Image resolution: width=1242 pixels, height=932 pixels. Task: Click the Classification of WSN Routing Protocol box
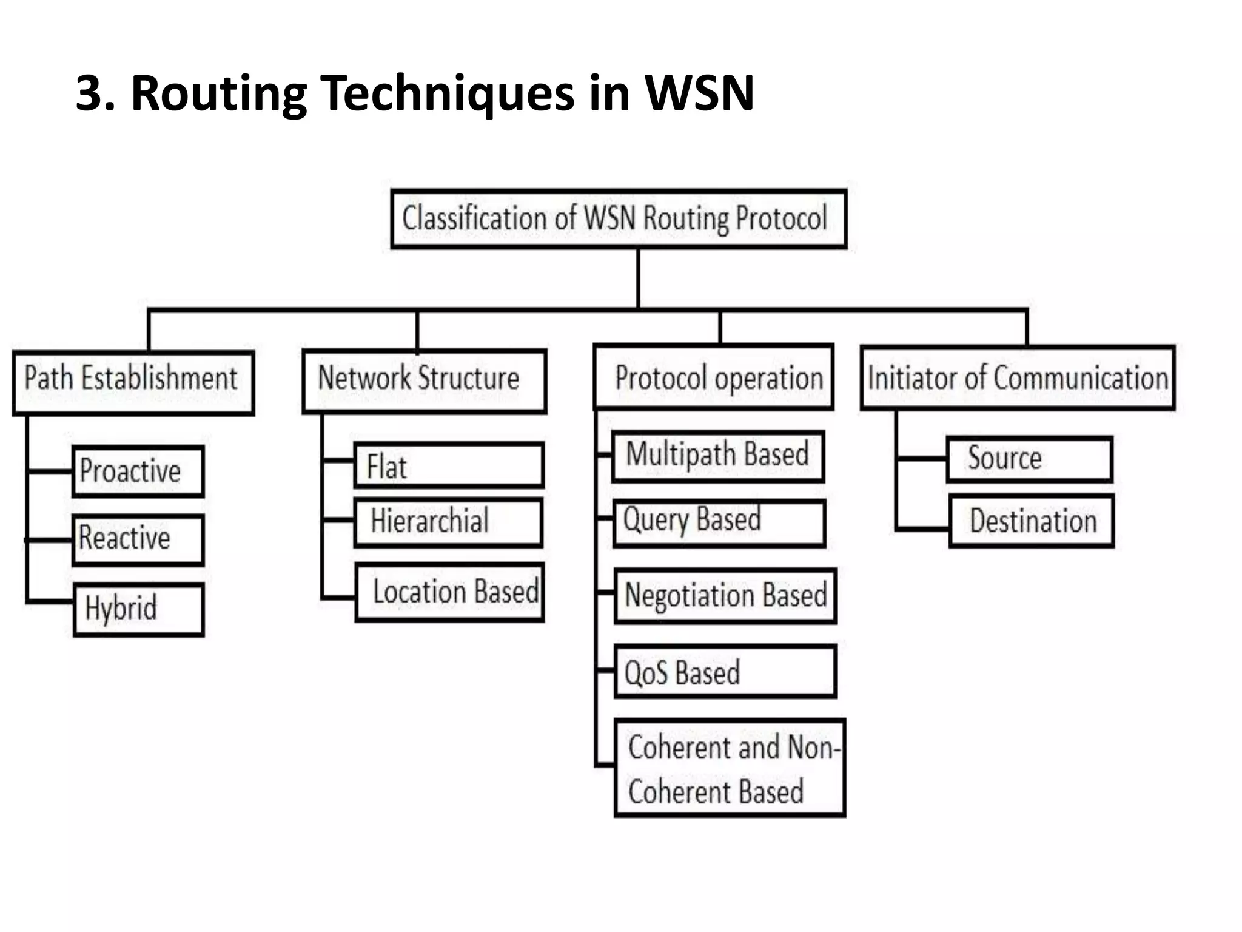pyautogui.click(x=619, y=219)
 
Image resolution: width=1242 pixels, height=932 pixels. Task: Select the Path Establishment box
pyautogui.click(x=133, y=383)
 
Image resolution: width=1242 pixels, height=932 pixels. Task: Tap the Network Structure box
pyautogui.click(x=424, y=382)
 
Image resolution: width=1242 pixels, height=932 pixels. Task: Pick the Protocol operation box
pyautogui.click(x=714, y=377)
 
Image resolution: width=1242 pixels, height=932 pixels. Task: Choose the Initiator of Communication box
pyautogui.click(x=1018, y=378)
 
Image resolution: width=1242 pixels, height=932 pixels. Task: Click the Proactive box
pyautogui.click(x=138, y=472)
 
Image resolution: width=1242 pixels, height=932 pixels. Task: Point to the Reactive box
pyautogui.click(x=138, y=540)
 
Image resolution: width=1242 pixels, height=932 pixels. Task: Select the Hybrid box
pyautogui.click(x=139, y=609)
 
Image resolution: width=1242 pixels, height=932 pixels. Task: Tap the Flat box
pyautogui.click(x=449, y=466)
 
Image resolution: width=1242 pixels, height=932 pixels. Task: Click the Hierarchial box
pyautogui.click(x=449, y=522)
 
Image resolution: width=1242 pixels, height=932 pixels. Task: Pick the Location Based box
pyautogui.click(x=450, y=592)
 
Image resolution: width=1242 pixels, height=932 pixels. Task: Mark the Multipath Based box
pyautogui.click(x=718, y=456)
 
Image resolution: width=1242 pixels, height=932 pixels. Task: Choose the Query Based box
pyautogui.click(x=719, y=523)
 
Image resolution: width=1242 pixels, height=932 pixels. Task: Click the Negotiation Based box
pyautogui.click(x=725, y=596)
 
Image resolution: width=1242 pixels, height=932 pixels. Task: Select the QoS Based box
pyautogui.click(x=725, y=672)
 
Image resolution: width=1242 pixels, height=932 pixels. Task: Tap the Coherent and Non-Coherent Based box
pyautogui.click(x=730, y=768)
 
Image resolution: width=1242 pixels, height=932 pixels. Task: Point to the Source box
pyautogui.click(x=1030, y=459)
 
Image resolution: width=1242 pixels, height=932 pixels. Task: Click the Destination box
pyautogui.click(x=1032, y=521)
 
